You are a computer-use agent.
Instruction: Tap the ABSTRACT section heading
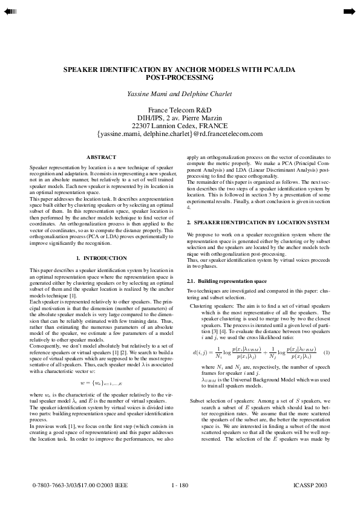(101, 157)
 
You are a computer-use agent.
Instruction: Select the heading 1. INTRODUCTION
(101, 258)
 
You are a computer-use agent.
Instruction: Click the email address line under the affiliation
(180, 134)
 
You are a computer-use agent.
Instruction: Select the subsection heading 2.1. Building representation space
(218, 282)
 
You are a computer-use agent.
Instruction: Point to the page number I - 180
(180, 485)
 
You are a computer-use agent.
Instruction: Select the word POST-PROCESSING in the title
(180, 78)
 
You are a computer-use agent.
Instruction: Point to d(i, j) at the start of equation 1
(200, 352)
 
